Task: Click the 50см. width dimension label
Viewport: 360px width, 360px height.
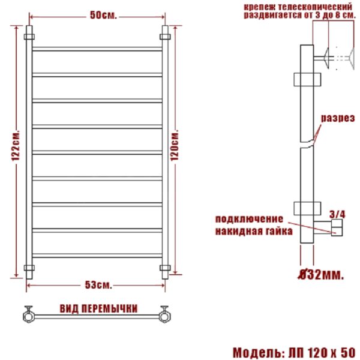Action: (x=103, y=15)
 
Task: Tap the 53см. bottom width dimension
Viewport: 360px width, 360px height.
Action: (x=98, y=285)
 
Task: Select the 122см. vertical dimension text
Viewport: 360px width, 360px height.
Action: (x=16, y=146)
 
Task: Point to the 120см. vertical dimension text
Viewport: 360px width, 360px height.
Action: (x=175, y=146)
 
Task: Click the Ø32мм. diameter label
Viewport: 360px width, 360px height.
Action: (x=321, y=274)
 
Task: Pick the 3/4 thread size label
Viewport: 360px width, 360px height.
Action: (x=337, y=214)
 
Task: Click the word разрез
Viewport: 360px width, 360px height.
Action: (x=338, y=118)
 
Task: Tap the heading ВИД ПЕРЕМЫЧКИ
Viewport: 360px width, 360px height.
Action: (x=98, y=309)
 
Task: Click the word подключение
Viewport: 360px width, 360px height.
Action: (x=249, y=219)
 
